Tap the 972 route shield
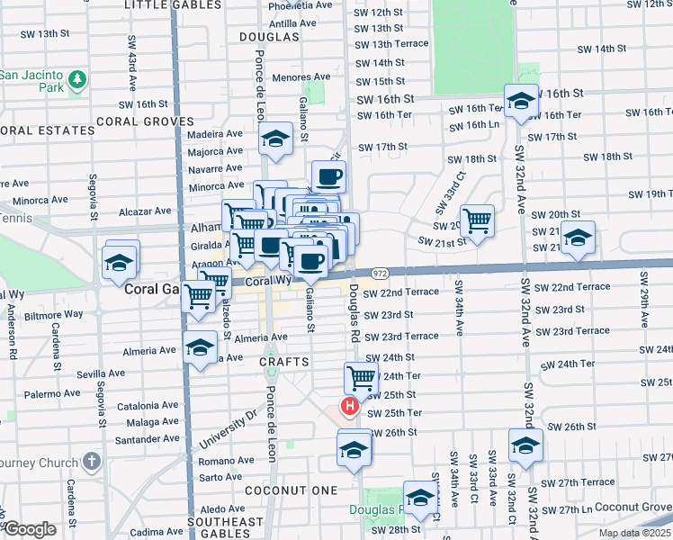[x=379, y=273]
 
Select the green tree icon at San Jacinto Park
[x=78, y=80]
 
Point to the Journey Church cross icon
[x=91, y=463]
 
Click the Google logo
[x=30, y=529]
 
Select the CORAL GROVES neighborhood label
[x=145, y=121]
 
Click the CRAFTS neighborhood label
[x=284, y=362]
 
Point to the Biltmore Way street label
[x=53, y=315]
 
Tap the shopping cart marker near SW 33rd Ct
[x=478, y=218]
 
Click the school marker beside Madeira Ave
[x=275, y=139]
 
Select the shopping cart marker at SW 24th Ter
[x=360, y=378]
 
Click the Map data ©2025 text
[x=635, y=533]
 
